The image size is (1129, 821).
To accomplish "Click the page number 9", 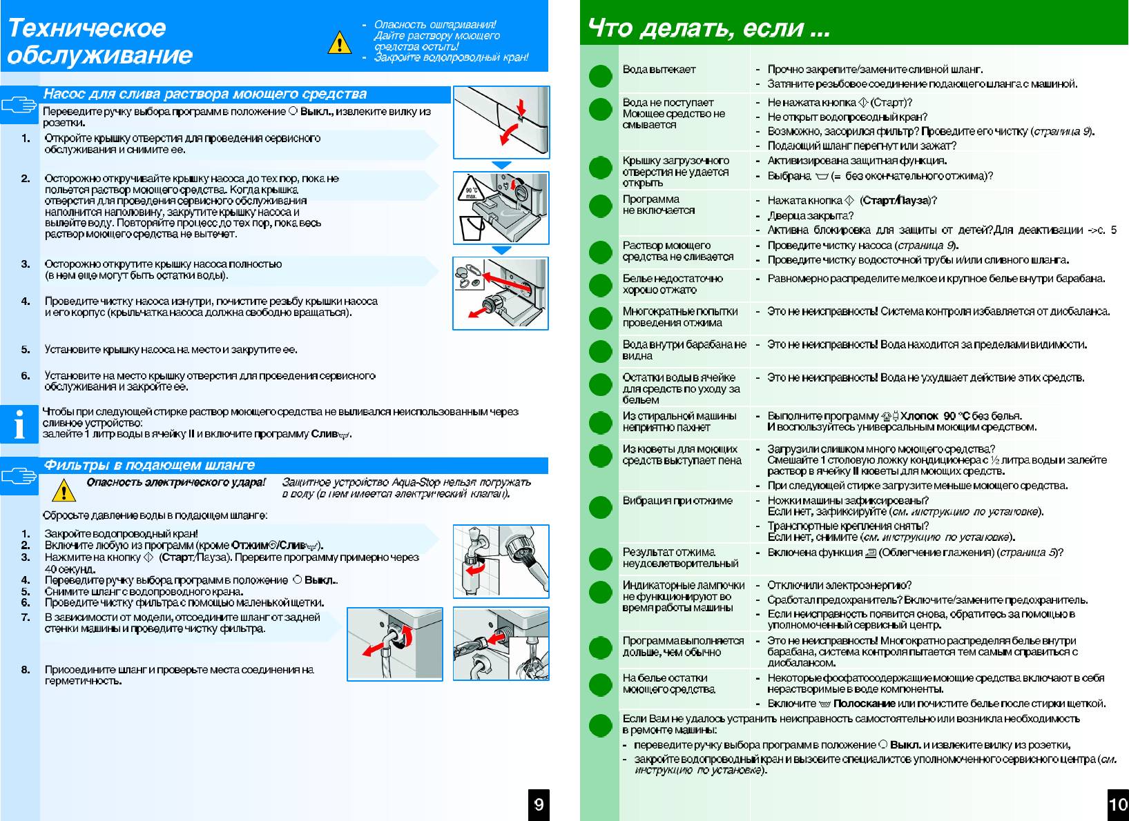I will [539, 804].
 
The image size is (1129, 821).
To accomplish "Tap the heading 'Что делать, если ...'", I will [708, 28].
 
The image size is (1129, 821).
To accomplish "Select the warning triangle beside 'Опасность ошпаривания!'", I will [339, 43].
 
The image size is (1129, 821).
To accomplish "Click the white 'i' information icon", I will [19, 424].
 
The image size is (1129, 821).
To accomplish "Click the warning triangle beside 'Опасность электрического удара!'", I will [64, 490].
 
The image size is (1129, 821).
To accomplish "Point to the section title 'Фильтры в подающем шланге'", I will [149, 465].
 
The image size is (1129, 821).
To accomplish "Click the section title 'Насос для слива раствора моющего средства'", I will [205, 94].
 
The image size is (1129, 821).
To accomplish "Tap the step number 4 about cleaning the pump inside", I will [26, 301].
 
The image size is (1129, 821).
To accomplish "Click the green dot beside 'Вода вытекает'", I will [601, 75].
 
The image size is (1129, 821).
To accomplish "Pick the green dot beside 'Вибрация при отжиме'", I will [601, 507].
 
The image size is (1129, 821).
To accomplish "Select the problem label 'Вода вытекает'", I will [659, 69].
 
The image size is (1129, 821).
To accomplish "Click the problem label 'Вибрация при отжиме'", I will [677, 500].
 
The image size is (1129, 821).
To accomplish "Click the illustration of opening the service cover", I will [501, 122].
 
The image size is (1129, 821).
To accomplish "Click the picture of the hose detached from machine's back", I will [394, 644].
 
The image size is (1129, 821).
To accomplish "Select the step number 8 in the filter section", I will [26, 669].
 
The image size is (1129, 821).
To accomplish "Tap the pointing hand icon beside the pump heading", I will [19, 105].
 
